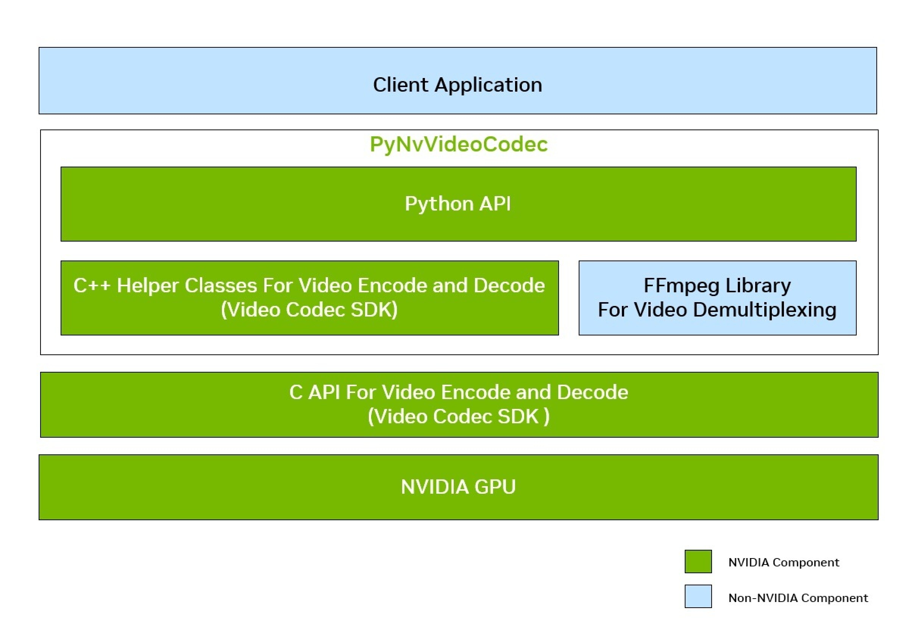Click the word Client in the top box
pos(400,85)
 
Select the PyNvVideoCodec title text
pos(458,144)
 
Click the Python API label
pos(457,204)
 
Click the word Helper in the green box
pos(148,285)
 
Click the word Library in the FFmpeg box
pos(758,286)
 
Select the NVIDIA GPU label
pos(458,487)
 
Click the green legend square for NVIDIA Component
pos(698,561)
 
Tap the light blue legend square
pos(698,596)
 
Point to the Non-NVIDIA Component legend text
pos(798,598)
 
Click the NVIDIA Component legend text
pos(784,563)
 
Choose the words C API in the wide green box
pos(315,392)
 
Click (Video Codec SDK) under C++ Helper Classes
pos(309,310)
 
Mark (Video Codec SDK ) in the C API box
pos(458,416)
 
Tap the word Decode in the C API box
pos(592,392)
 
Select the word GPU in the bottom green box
pos(495,487)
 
